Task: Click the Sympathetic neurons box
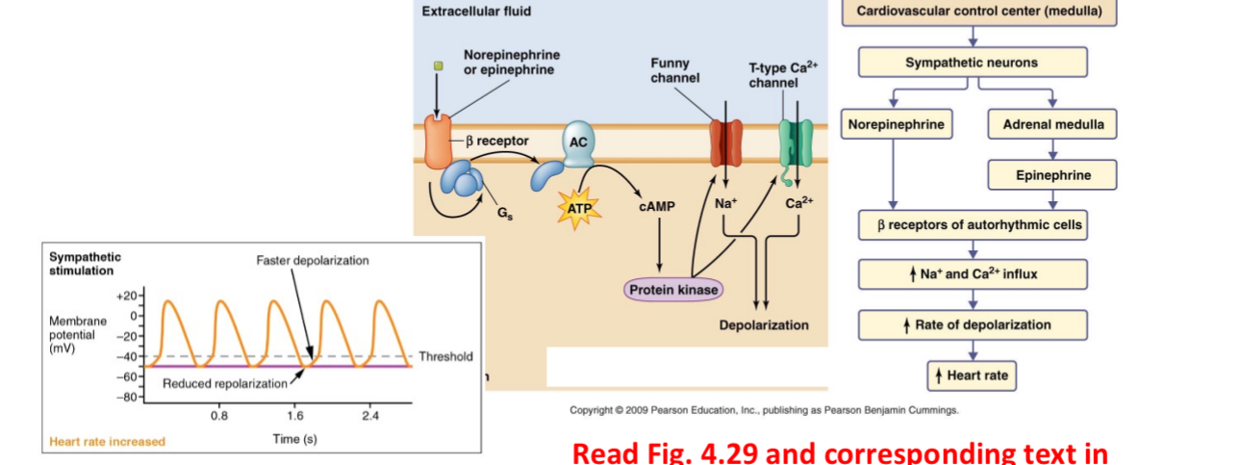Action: pos(972,63)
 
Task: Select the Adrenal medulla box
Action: pos(1052,124)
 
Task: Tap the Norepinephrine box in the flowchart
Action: pos(895,124)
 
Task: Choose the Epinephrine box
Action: pos(1052,175)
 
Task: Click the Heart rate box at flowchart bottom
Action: pos(972,375)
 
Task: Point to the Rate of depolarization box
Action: pos(972,324)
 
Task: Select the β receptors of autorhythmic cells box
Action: pos(972,225)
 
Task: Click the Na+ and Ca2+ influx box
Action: pos(972,274)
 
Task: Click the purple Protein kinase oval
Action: pos(672,290)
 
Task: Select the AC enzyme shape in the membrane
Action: pos(578,142)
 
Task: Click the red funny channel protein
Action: pos(726,142)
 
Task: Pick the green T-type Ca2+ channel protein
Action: pos(796,142)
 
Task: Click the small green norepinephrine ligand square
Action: pos(438,66)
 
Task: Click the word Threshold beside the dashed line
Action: pos(445,357)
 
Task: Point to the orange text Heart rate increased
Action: pos(107,442)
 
